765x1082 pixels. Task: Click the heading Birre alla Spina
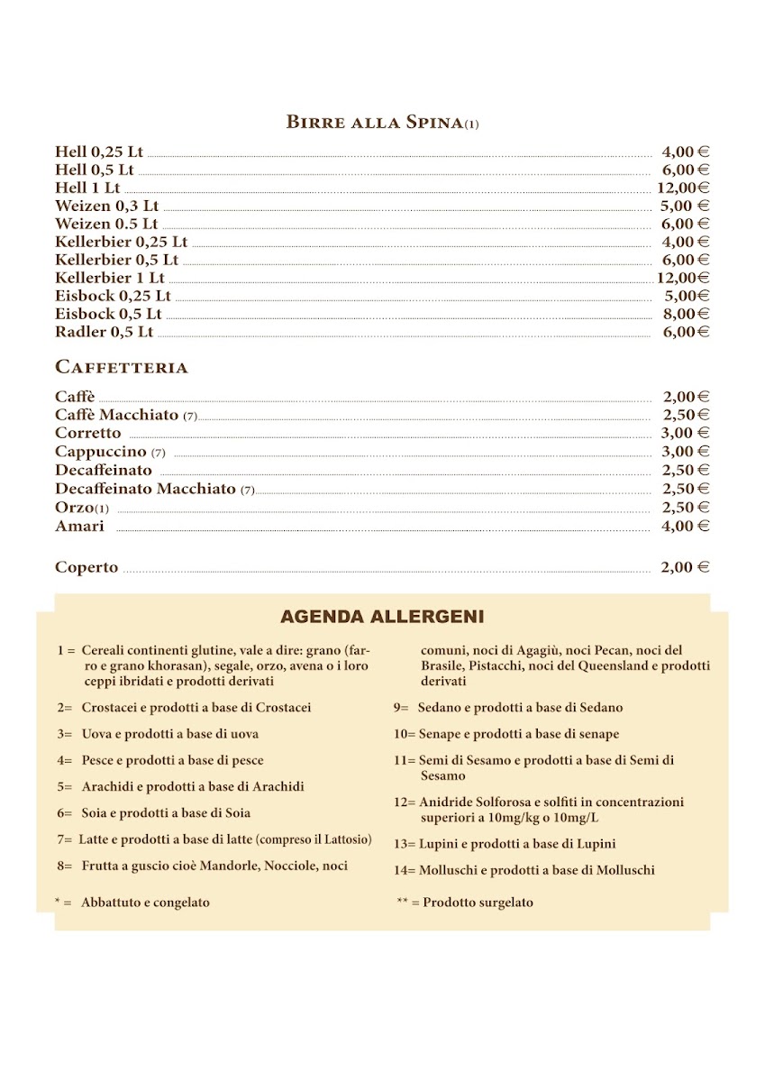point(375,123)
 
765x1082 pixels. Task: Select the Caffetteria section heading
point(122,367)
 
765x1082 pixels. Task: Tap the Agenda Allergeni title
point(382,617)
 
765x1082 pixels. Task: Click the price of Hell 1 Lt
point(682,188)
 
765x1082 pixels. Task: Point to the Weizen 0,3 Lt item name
point(106,206)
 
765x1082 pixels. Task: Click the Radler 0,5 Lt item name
point(104,332)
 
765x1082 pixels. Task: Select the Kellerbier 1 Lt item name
point(110,278)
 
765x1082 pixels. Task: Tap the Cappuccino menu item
point(100,451)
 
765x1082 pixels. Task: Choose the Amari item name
point(79,526)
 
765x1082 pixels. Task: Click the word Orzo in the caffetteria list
point(74,508)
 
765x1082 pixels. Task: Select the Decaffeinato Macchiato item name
point(145,489)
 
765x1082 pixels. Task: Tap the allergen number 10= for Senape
point(404,734)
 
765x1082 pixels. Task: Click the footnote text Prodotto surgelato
point(478,902)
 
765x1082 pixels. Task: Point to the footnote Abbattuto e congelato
point(145,902)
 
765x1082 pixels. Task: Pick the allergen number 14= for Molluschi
point(404,870)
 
